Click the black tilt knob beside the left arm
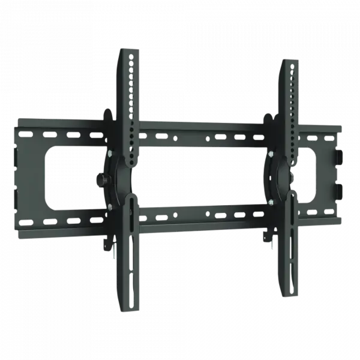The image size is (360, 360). tap(100, 179)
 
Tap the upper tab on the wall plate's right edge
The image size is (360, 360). tap(338, 157)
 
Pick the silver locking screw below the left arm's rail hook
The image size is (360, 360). tap(114, 251)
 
